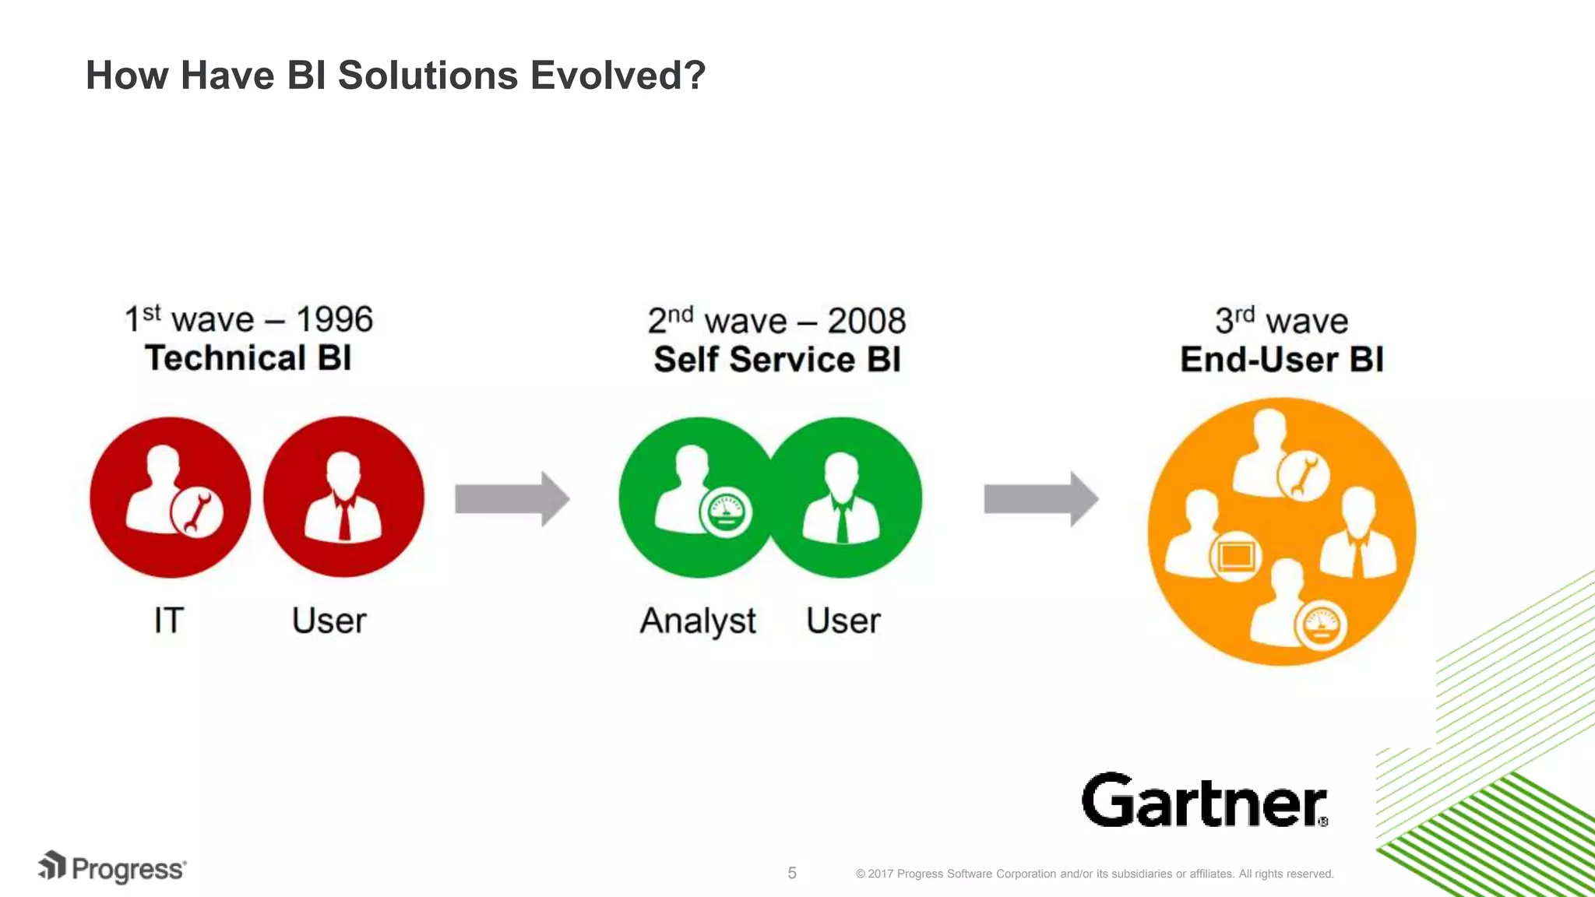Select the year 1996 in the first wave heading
click(334, 319)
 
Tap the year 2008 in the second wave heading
click(866, 321)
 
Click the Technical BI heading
click(248, 358)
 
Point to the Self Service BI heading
click(777, 360)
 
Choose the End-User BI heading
click(1282, 360)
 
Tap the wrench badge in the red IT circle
click(197, 512)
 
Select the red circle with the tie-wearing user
click(343, 498)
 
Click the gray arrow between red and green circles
click(512, 499)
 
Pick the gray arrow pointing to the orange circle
click(1040, 499)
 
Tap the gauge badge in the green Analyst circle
click(726, 513)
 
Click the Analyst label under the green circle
click(698, 621)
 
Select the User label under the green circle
click(843, 621)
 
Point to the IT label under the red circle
click(169, 621)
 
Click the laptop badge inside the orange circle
click(1235, 556)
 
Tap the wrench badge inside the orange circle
click(1303, 475)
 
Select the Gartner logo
click(1204, 800)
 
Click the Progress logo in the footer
click(113, 867)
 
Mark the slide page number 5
click(792, 873)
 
